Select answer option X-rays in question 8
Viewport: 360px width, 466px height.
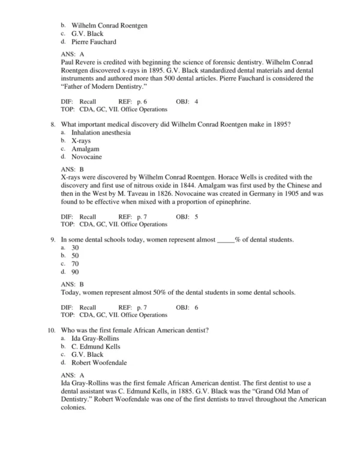point(82,140)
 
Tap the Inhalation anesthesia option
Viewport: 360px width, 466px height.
point(101,132)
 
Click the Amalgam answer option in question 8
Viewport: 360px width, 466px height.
point(85,148)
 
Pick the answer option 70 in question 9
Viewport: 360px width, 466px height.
point(75,263)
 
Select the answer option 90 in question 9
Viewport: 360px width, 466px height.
point(75,271)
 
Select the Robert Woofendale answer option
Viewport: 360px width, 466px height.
point(99,363)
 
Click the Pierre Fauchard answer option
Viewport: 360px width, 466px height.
point(94,42)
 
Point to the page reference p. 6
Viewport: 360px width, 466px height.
point(142,101)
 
